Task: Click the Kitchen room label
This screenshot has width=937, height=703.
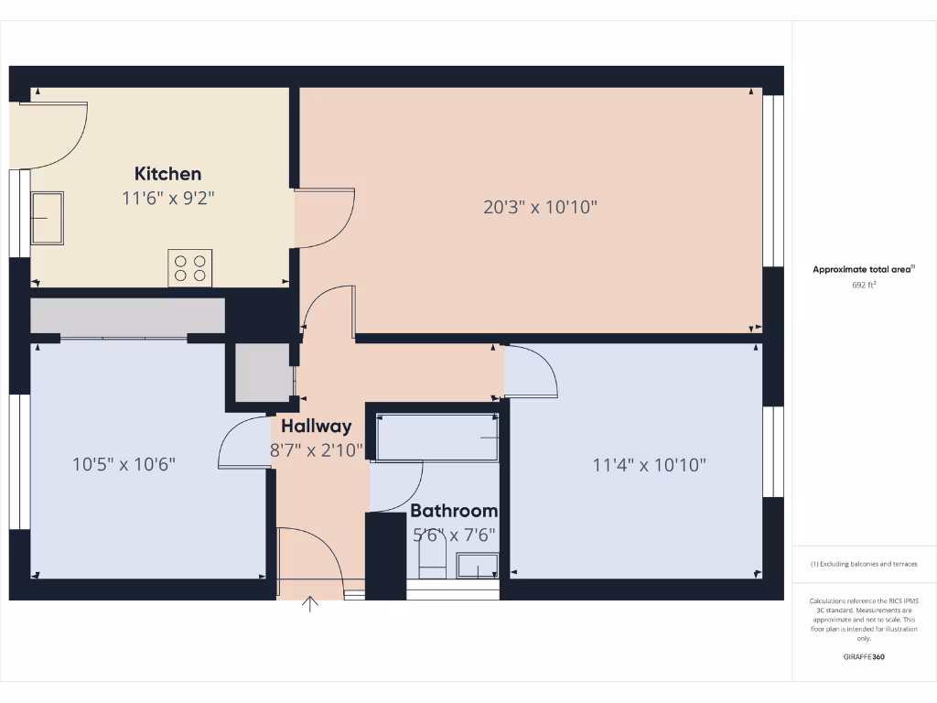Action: click(167, 174)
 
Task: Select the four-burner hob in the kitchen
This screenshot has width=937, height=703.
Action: click(190, 267)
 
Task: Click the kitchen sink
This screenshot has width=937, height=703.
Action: click(48, 217)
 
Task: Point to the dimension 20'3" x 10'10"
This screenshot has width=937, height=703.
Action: click(540, 207)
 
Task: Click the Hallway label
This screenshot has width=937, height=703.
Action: click(316, 426)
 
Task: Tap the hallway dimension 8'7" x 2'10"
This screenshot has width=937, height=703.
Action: click(316, 449)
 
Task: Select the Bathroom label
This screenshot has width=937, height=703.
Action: click(454, 511)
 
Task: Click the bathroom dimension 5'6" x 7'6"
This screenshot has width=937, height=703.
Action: click(455, 535)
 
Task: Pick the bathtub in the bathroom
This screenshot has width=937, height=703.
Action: click(437, 438)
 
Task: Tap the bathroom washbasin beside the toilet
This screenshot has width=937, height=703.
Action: click(477, 566)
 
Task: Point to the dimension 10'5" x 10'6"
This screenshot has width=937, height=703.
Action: click(124, 464)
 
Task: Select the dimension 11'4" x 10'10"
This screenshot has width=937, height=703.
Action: click(650, 465)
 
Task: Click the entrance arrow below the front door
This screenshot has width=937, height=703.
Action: click(310, 604)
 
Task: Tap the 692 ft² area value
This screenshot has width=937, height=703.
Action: click(864, 285)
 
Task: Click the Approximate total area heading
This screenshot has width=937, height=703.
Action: click(863, 269)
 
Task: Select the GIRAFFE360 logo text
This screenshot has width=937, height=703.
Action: click(864, 656)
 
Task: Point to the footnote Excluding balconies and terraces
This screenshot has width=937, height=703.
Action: click(864, 564)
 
